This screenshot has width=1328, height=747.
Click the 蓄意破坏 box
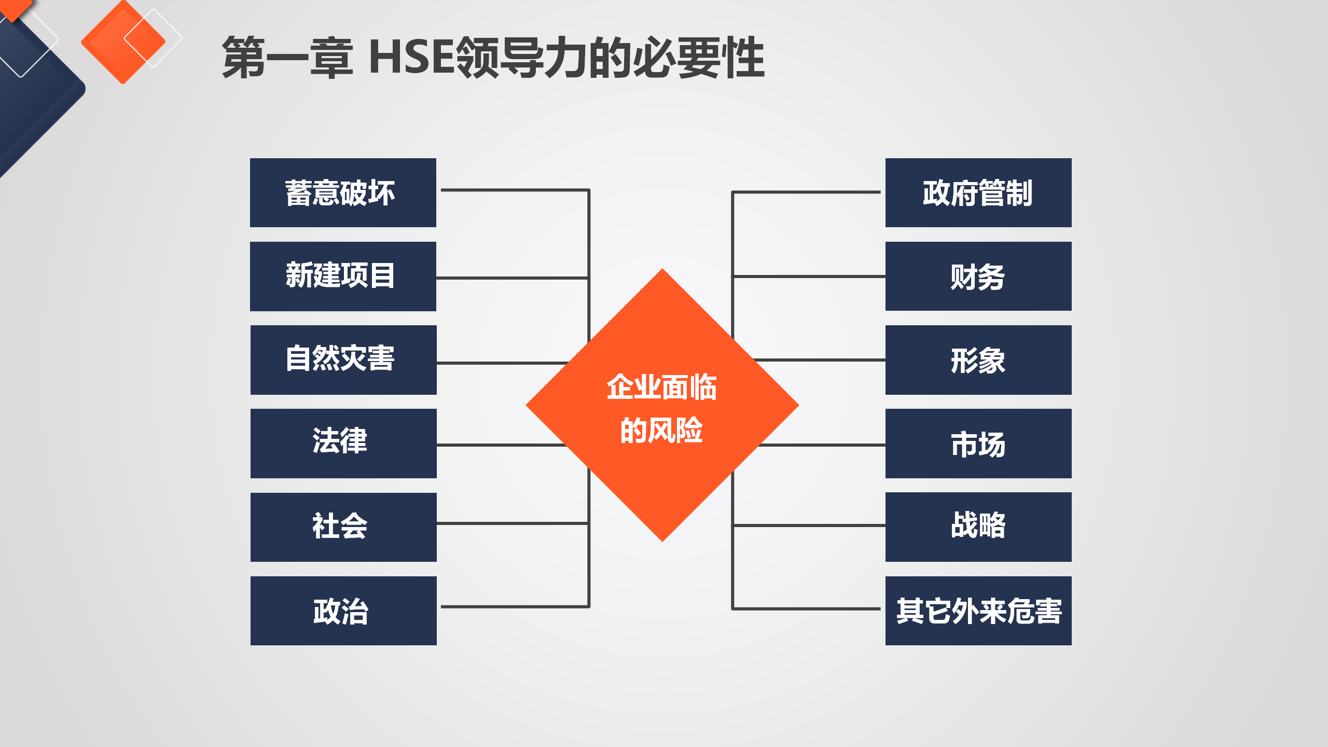[x=343, y=192]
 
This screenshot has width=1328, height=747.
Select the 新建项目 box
[x=343, y=276]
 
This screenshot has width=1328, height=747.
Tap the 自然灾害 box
[x=343, y=360]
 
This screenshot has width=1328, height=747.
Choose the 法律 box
[x=343, y=444]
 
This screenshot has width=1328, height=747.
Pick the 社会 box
[x=343, y=527]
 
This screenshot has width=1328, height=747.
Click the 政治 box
[x=343, y=611]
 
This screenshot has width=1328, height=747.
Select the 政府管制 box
[x=978, y=192]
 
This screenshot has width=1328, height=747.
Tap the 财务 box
[x=978, y=276]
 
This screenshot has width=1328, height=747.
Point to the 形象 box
[x=978, y=360]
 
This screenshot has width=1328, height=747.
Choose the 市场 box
[x=978, y=444]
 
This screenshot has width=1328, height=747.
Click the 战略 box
[x=978, y=527]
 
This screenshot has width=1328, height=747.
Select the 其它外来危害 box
[x=978, y=611]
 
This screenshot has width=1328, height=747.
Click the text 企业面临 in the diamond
[x=662, y=387]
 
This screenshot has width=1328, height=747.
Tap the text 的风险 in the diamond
[x=662, y=430]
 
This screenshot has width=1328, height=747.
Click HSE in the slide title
[x=411, y=57]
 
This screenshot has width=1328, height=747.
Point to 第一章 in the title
[x=288, y=57]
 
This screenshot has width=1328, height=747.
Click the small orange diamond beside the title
[x=123, y=41]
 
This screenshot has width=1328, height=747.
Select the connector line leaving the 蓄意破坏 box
[x=515, y=190]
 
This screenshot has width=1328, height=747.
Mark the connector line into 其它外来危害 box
[x=806, y=608]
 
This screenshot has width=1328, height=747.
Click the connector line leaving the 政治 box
[x=515, y=606]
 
